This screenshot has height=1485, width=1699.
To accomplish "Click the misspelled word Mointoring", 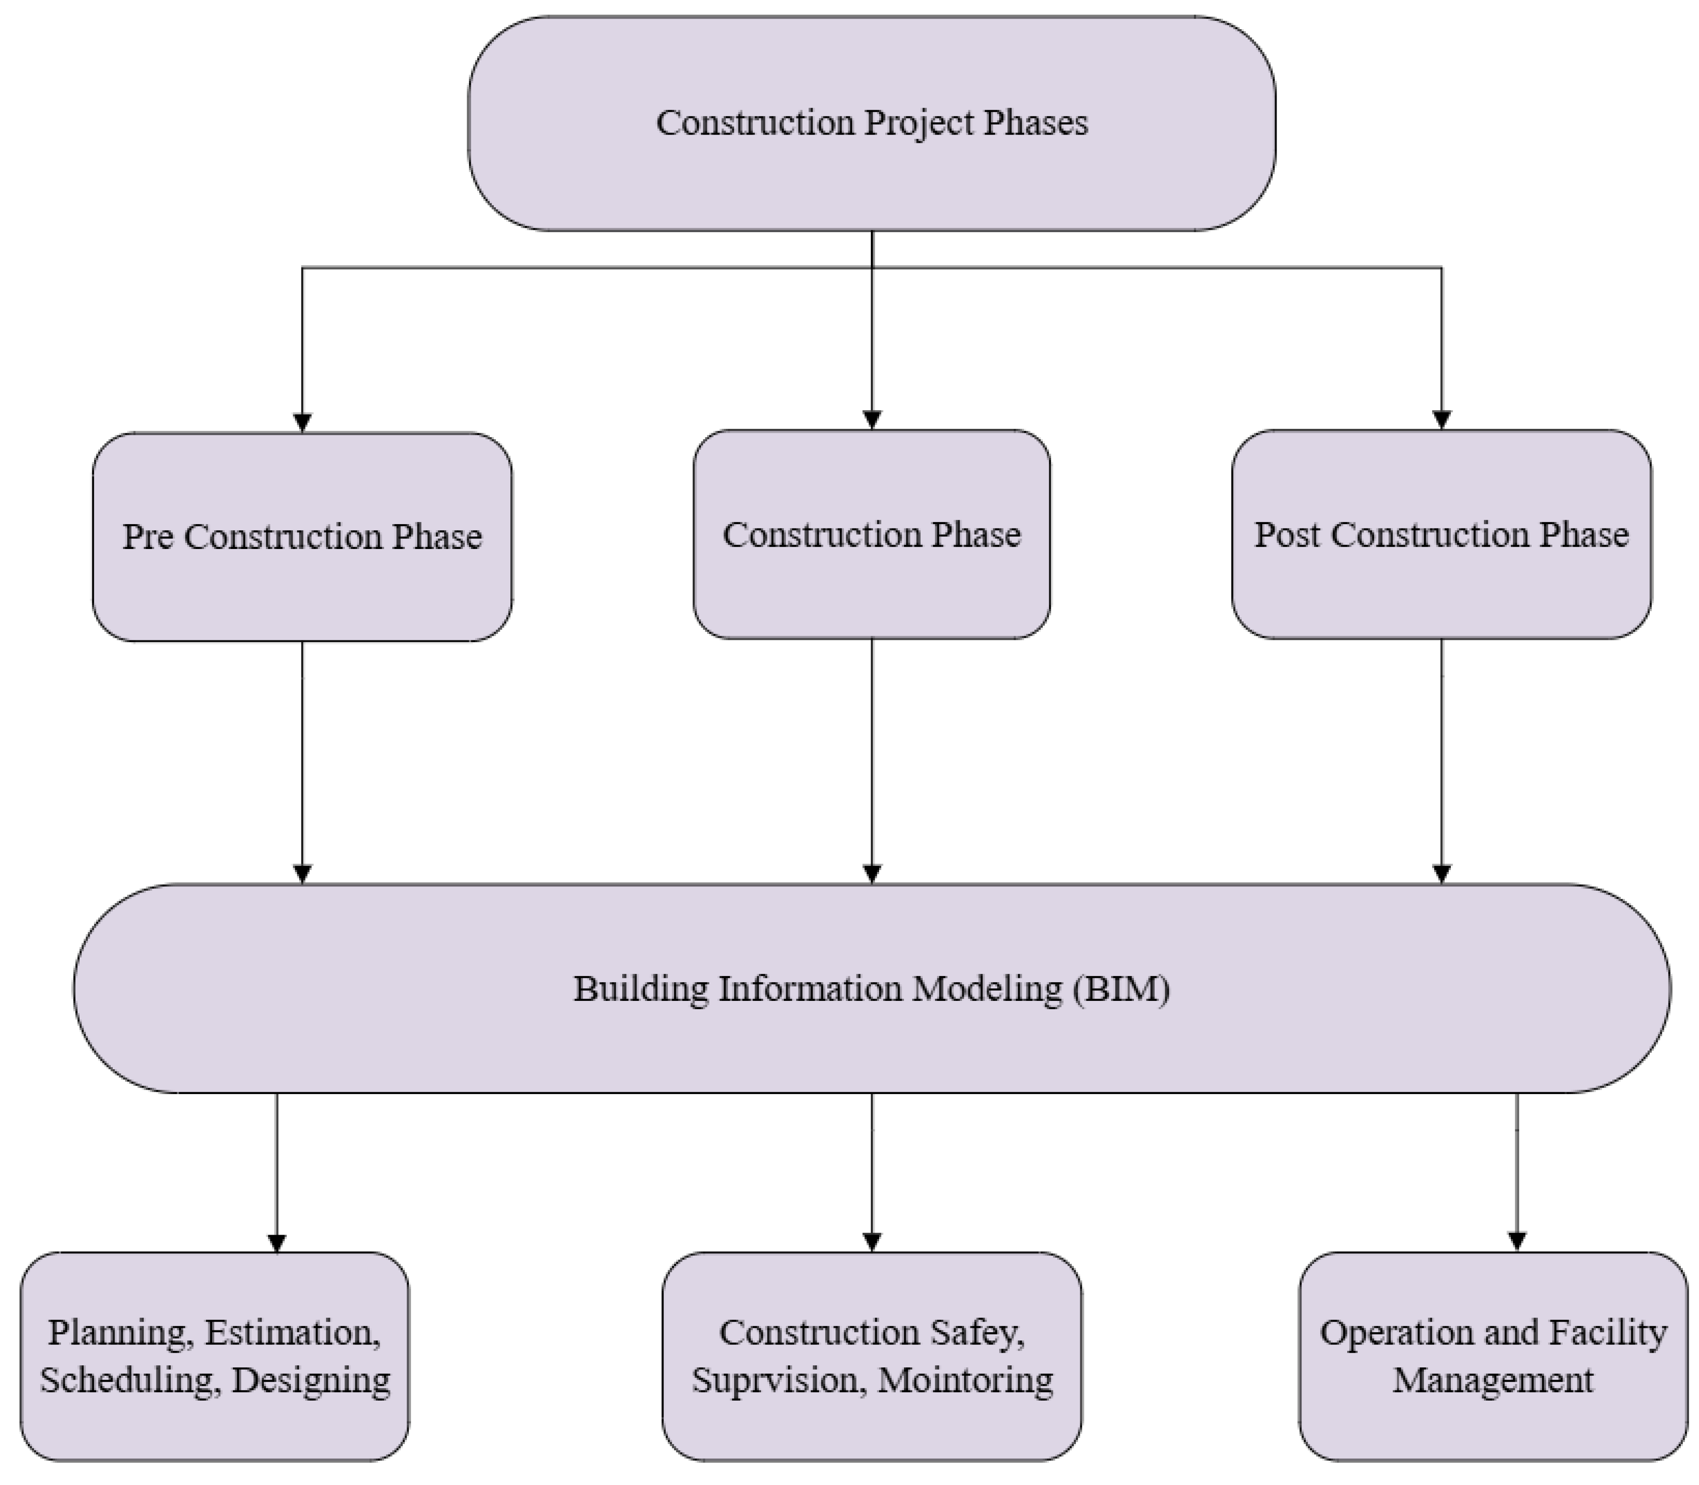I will (965, 1380).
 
